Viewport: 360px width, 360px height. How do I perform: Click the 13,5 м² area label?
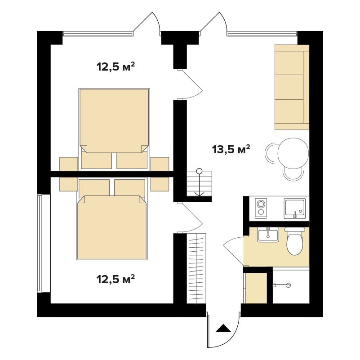[231, 149]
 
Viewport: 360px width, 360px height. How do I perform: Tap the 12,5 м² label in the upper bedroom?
[116, 67]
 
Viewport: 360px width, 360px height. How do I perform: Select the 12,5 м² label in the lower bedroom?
[116, 279]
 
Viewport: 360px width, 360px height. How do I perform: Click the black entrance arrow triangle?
[223, 329]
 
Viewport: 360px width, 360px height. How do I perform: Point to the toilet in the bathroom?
[295, 241]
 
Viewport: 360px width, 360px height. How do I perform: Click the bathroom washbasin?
[268, 235]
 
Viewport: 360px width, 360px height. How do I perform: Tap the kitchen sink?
[295, 209]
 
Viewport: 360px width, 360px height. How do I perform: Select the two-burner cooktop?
[261, 207]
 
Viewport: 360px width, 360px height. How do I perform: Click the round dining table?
[293, 154]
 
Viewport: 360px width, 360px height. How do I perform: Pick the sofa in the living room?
[292, 87]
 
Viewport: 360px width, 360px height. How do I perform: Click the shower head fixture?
[282, 285]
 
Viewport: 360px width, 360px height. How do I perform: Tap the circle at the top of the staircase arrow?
[199, 171]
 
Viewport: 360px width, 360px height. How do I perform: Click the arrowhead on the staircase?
[199, 194]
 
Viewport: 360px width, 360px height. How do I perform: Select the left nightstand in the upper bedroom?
[69, 164]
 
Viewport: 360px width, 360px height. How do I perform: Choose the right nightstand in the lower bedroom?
[160, 184]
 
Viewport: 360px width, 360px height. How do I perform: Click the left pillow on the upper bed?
[97, 160]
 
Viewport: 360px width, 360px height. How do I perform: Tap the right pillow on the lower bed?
[130, 188]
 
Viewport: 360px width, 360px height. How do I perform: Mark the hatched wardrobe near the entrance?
[196, 268]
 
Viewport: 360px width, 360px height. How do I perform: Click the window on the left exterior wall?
[40, 243]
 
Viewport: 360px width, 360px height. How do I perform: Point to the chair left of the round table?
[271, 153]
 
